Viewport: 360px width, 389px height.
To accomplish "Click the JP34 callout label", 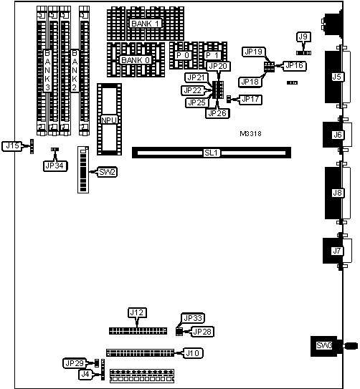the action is point(55,165).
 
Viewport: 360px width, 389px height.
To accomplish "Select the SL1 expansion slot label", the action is point(212,153).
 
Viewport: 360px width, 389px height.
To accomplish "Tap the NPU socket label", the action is point(109,120).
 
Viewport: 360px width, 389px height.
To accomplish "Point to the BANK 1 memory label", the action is point(146,24).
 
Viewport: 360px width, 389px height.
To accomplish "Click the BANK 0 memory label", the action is point(136,60).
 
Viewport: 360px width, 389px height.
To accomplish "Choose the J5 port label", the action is point(336,77).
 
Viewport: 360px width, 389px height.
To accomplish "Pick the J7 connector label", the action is point(337,251).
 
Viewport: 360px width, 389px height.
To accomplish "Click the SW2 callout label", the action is point(108,172).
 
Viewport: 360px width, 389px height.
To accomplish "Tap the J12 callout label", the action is point(137,312).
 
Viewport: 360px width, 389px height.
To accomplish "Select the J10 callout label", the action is point(193,353).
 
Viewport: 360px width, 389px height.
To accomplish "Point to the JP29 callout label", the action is point(75,363).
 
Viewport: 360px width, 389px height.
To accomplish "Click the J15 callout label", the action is point(12,146).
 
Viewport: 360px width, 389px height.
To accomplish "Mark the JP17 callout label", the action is point(250,100).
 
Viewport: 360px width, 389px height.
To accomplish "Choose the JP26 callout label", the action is point(217,113).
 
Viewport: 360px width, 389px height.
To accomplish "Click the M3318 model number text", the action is point(250,134).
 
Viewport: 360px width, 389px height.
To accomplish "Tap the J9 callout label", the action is point(303,37).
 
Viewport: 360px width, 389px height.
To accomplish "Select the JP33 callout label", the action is point(193,318).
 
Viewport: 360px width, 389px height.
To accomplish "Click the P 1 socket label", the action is point(212,55).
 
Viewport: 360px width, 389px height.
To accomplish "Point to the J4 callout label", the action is point(85,375).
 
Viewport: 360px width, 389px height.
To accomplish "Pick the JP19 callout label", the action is point(253,52).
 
